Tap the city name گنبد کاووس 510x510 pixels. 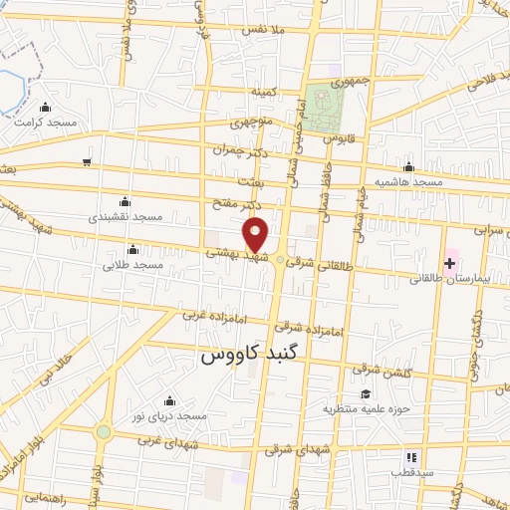coord(244,355)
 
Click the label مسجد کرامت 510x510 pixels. coord(46,122)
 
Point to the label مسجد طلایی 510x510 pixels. coord(132,266)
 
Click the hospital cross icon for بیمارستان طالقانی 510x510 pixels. coord(450,264)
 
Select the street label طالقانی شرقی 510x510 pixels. coord(316,264)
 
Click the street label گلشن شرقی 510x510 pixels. coord(380,370)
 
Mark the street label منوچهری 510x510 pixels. coord(252,124)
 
